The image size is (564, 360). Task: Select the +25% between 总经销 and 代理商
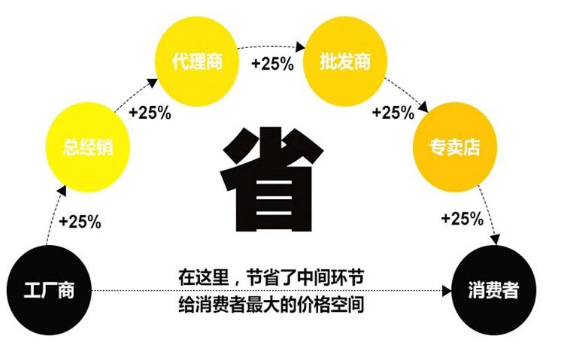click(150, 113)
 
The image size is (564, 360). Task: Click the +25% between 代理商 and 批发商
click(272, 64)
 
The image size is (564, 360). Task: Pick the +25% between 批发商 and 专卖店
click(393, 113)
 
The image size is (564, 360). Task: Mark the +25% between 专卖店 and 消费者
click(461, 219)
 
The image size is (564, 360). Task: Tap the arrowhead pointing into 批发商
click(300, 47)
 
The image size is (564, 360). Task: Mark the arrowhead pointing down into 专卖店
click(426, 111)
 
